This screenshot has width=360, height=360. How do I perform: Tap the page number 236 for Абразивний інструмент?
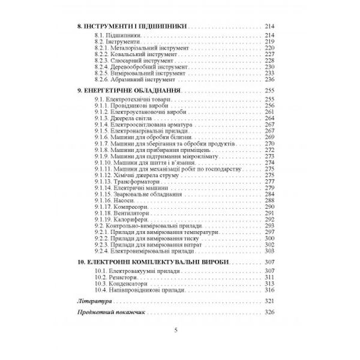269,79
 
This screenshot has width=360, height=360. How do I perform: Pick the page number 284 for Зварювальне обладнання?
269,194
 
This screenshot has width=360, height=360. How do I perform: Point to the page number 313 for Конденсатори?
269,284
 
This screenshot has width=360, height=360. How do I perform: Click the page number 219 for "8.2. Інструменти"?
269,41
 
